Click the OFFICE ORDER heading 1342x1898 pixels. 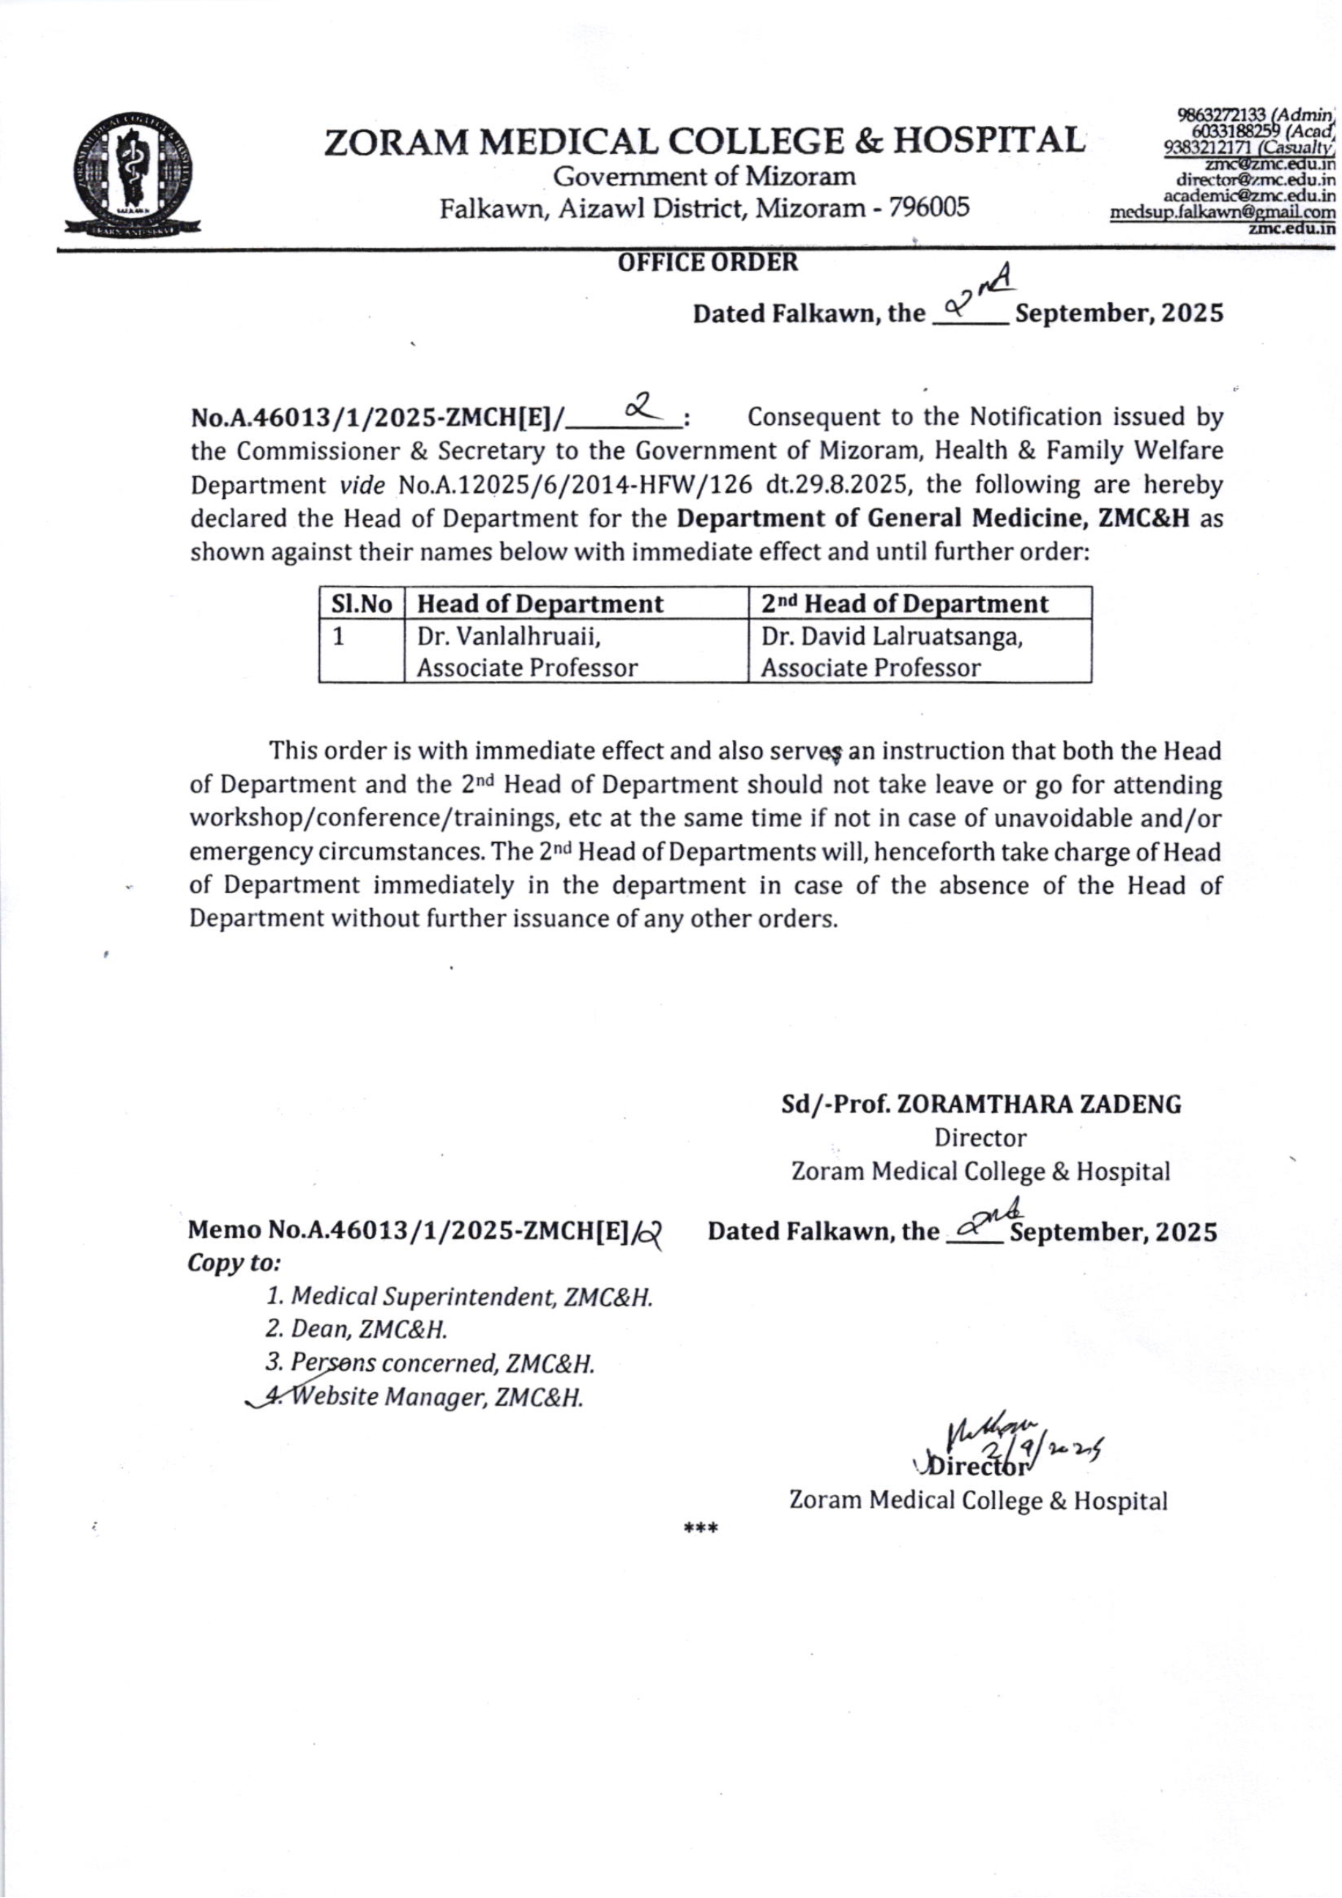pyautogui.click(x=708, y=263)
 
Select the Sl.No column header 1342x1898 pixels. pyautogui.click(x=361, y=604)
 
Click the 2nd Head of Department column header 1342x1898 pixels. pyautogui.click(x=905, y=604)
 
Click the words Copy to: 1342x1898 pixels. pyautogui.click(x=236, y=1264)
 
